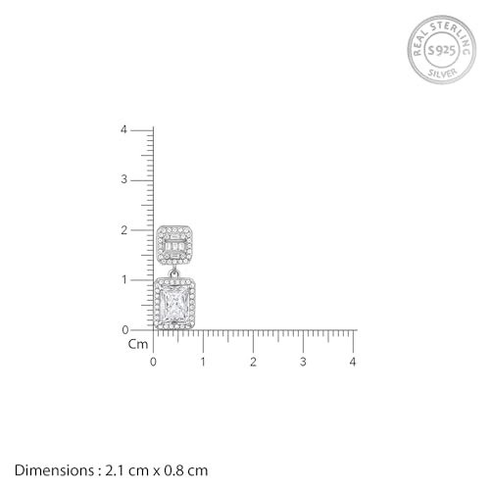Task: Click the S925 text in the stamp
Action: click(442, 51)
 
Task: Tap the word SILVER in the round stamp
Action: click(443, 73)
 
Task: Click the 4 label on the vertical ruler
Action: click(123, 129)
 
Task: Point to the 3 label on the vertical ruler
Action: click(123, 179)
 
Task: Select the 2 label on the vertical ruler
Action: click(123, 230)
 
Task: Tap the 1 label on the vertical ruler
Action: click(124, 280)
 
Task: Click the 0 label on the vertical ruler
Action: click(125, 330)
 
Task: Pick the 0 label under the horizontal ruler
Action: click(153, 362)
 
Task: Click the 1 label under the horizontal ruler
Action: click(203, 362)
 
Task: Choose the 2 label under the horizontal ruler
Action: click(253, 362)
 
